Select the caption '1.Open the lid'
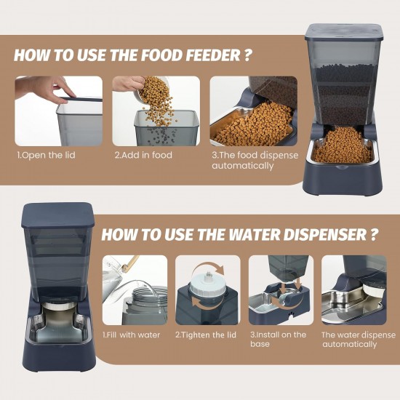click(x=46, y=156)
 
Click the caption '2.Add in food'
click(x=143, y=155)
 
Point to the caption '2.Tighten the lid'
click(x=206, y=335)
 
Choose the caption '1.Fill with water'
click(x=131, y=335)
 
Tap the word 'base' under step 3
click(x=260, y=344)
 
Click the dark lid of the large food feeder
click(x=344, y=33)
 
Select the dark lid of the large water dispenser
click(x=58, y=215)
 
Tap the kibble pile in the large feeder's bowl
click(x=342, y=147)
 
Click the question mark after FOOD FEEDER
click(x=247, y=55)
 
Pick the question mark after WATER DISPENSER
click(x=373, y=234)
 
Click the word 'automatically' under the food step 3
click(x=243, y=166)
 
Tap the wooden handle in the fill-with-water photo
click(x=131, y=263)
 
